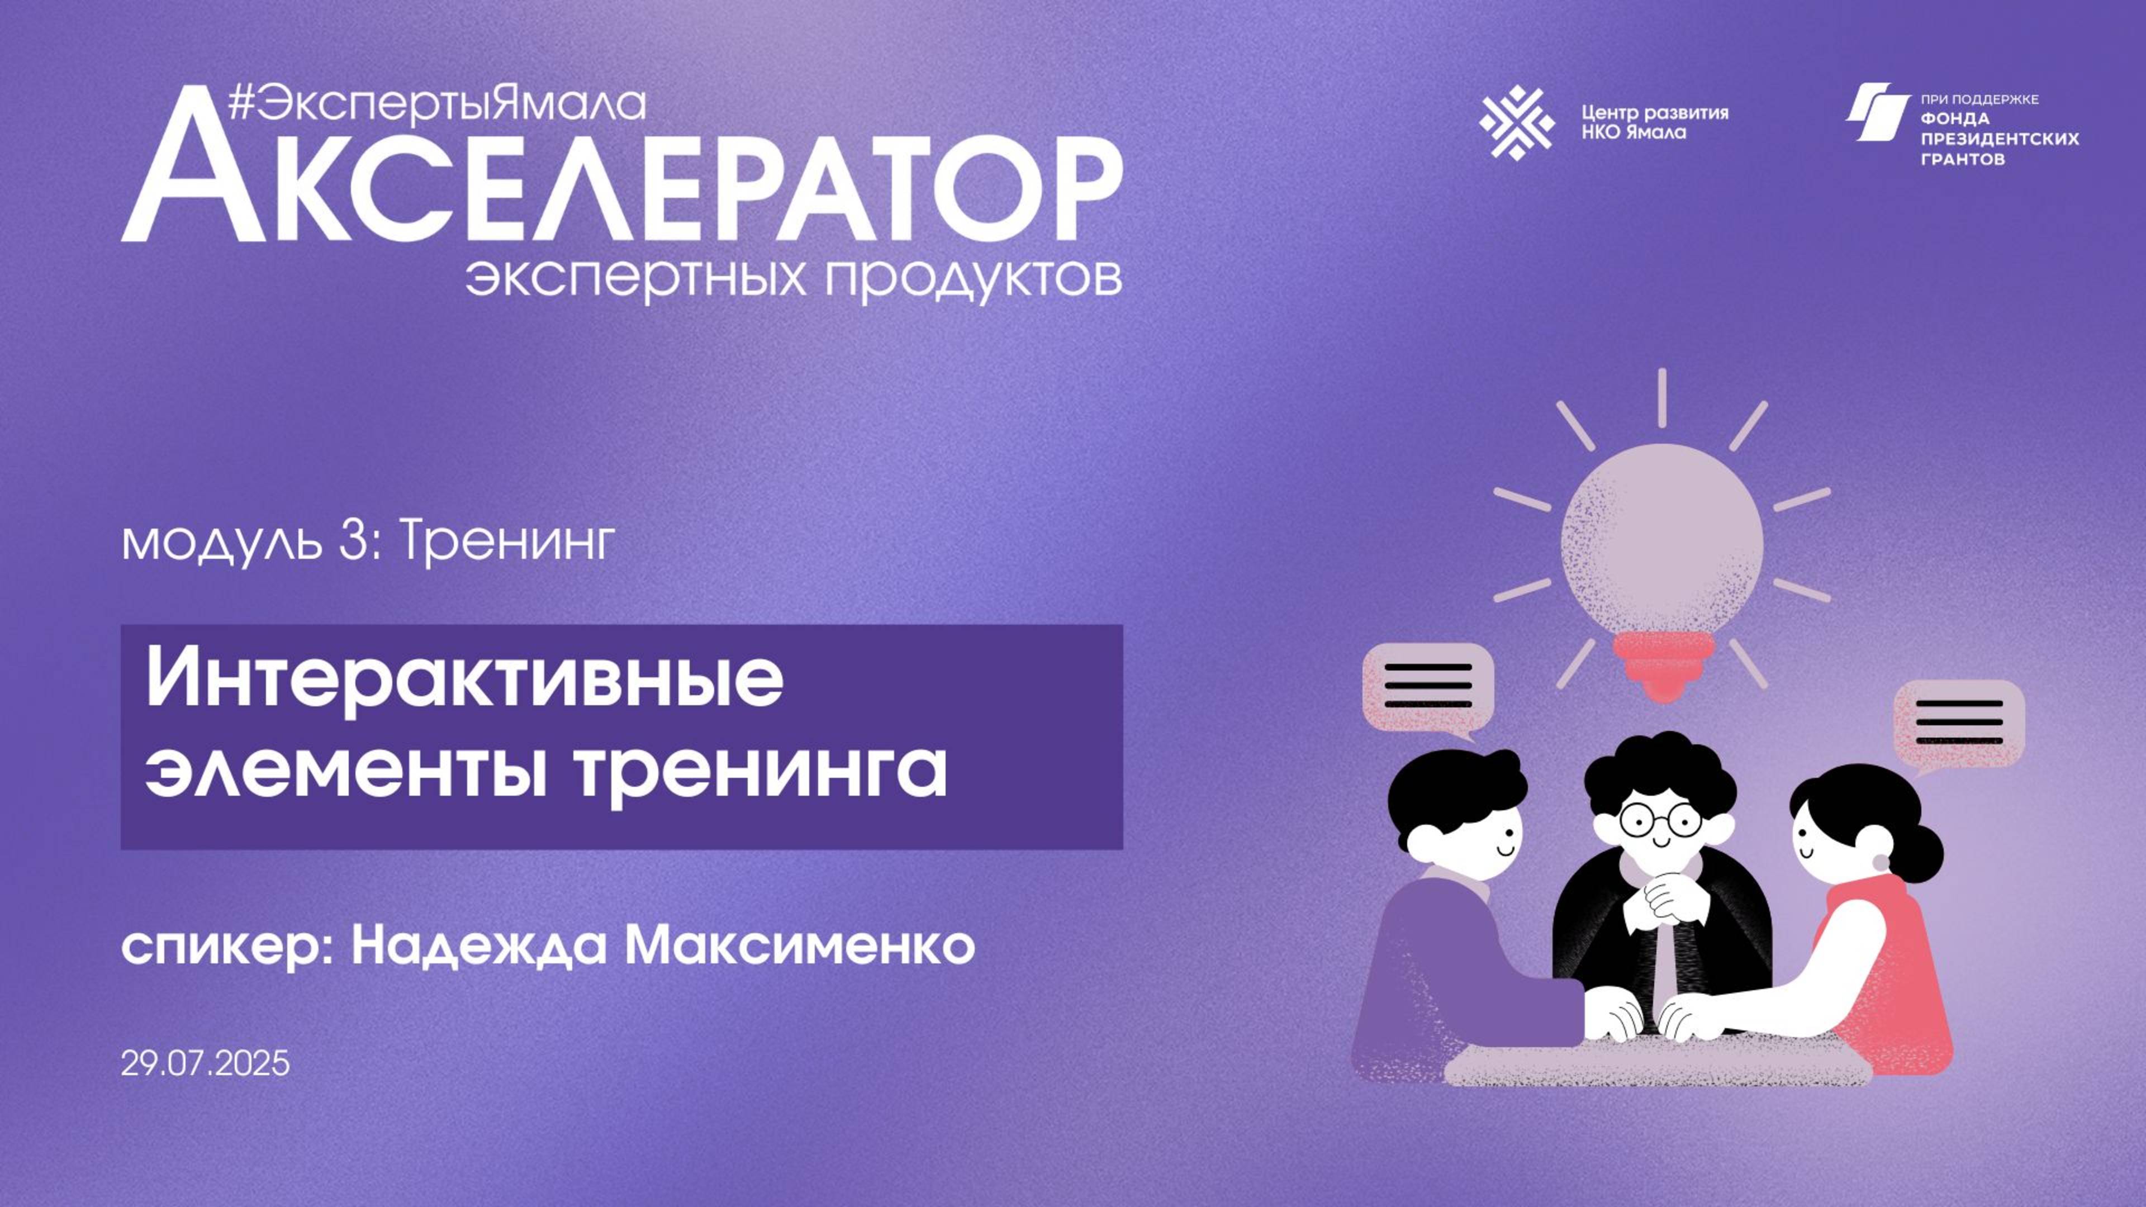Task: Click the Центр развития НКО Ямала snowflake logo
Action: [1516, 122]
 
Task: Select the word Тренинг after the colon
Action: [507, 542]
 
